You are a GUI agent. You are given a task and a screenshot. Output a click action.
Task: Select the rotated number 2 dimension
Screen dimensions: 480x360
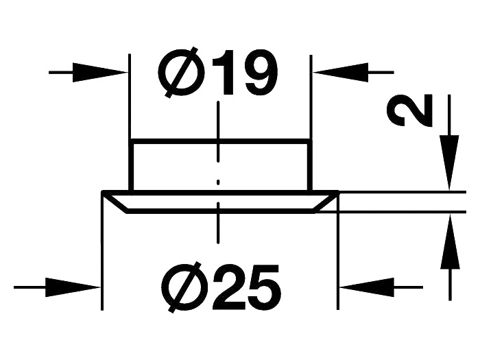pos(410,112)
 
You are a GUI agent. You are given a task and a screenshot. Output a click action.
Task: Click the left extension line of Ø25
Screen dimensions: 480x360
pos(102,261)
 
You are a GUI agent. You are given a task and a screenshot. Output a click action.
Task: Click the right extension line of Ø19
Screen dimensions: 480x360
pos(311,103)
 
